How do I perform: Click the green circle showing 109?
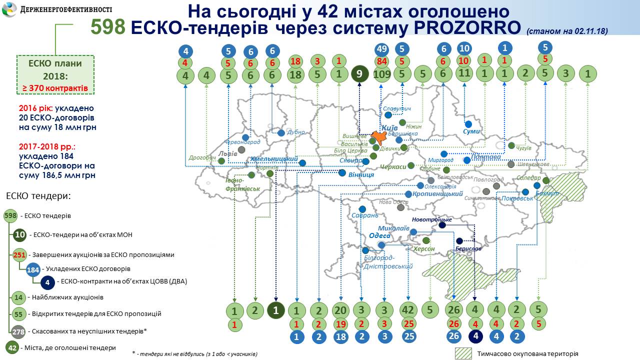pos(382,75)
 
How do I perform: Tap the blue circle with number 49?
pos(382,49)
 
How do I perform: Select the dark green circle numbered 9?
pos(359,74)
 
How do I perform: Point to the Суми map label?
pos(471,131)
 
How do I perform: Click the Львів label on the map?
pos(228,153)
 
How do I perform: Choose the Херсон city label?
pos(423,248)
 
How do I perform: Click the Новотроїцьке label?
pos(432,219)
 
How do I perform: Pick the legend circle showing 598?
pos(10,216)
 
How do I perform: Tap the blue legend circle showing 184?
pos(33,269)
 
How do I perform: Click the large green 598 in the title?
pos(108,27)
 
